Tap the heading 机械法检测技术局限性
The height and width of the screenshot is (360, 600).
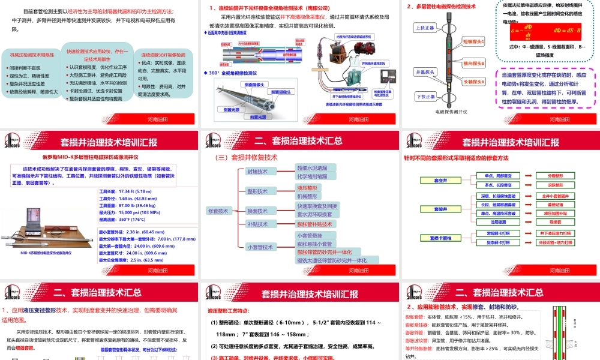point(32,55)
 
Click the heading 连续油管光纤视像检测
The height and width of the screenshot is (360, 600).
point(163,55)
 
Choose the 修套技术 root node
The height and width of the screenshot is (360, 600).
point(218,211)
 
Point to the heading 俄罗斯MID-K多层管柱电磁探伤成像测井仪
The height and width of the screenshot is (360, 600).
point(91,158)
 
